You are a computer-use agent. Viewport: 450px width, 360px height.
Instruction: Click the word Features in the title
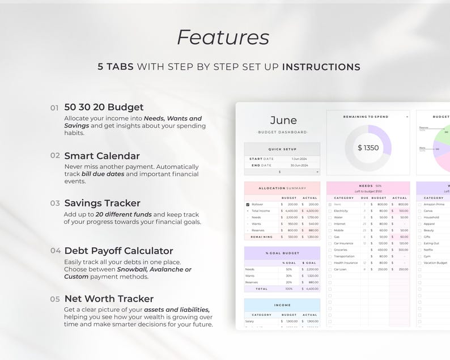tap(223, 37)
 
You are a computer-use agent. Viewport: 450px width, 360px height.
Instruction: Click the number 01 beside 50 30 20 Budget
tap(54, 107)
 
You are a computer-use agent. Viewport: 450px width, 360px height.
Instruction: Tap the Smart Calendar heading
tap(102, 155)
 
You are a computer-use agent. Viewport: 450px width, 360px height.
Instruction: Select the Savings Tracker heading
tap(102, 203)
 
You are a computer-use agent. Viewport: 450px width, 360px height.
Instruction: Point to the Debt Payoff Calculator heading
tap(118, 251)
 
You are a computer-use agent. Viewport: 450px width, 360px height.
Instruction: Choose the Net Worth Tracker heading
tap(109, 298)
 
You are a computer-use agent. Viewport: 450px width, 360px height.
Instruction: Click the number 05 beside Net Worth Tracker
tap(54, 299)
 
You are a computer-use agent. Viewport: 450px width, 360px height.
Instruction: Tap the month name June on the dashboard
tap(283, 120)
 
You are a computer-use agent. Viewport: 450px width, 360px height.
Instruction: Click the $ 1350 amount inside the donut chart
tap(368, 149)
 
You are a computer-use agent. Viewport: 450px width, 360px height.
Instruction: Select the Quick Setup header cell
tap(282, 149)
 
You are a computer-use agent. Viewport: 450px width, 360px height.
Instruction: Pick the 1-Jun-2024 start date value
tap(299, 159)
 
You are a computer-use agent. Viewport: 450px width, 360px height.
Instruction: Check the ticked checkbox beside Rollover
tap(248, 204)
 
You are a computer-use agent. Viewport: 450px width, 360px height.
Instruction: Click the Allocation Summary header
tap(282, 188)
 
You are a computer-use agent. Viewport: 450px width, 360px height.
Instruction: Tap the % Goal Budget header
tap(282, 253)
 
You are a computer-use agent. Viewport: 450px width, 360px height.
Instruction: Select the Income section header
tap(282, 305)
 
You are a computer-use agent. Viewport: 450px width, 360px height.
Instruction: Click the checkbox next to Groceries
tap(330, 249)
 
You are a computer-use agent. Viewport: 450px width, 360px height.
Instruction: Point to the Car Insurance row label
tap(344, 243)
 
